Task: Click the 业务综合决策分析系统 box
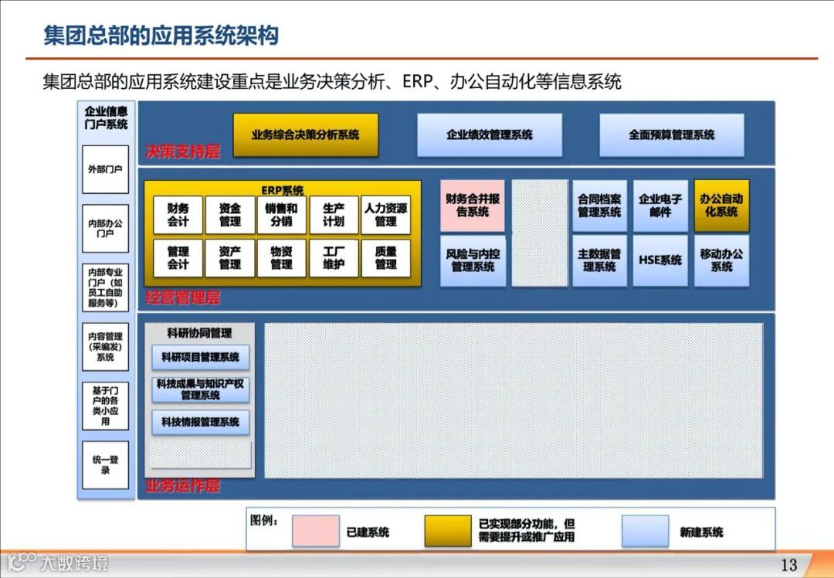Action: coord(306,134)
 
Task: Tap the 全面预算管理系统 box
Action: coord(672,134)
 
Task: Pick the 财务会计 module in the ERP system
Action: coord(178,215)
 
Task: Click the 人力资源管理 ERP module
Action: coord(385,215)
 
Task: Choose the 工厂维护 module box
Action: coord(334,258)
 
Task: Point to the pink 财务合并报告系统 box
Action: coord(473,206)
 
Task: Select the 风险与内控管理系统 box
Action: coord(473,260)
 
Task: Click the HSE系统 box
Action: coord(660,260)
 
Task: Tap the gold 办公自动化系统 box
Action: coord(721,206)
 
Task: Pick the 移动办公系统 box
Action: coord(721,260)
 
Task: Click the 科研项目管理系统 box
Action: coord(200,357)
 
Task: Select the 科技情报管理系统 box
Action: coord(200,422)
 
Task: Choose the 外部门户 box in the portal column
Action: coord(105,168)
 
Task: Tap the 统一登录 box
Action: coord(105,464)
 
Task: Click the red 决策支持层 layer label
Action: coord(183,152)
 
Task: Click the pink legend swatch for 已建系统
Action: coord(315,531)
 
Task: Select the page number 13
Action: coord(788,565)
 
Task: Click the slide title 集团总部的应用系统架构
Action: coord(161,36)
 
